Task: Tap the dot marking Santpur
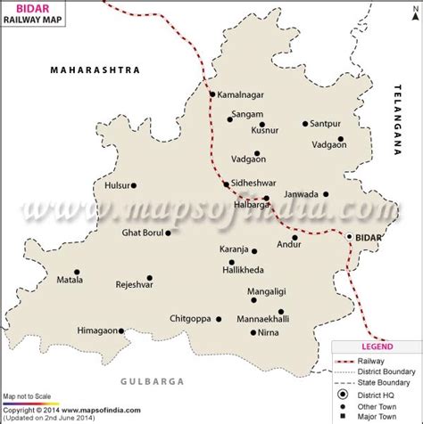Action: tap(304, 124)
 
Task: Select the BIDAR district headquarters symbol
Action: tap(350, 237)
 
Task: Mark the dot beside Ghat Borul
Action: tap(175, 233)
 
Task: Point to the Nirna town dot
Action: tap(250, 333)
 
